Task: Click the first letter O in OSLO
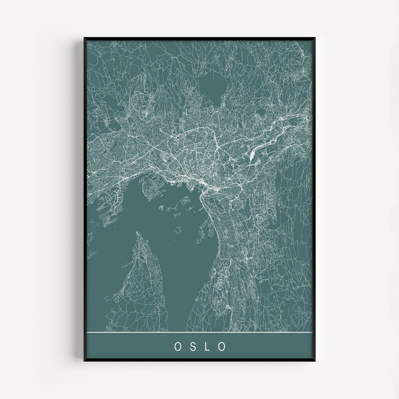click(177, 346)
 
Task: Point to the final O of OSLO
click(222, 346)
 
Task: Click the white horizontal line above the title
click(199, 333)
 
